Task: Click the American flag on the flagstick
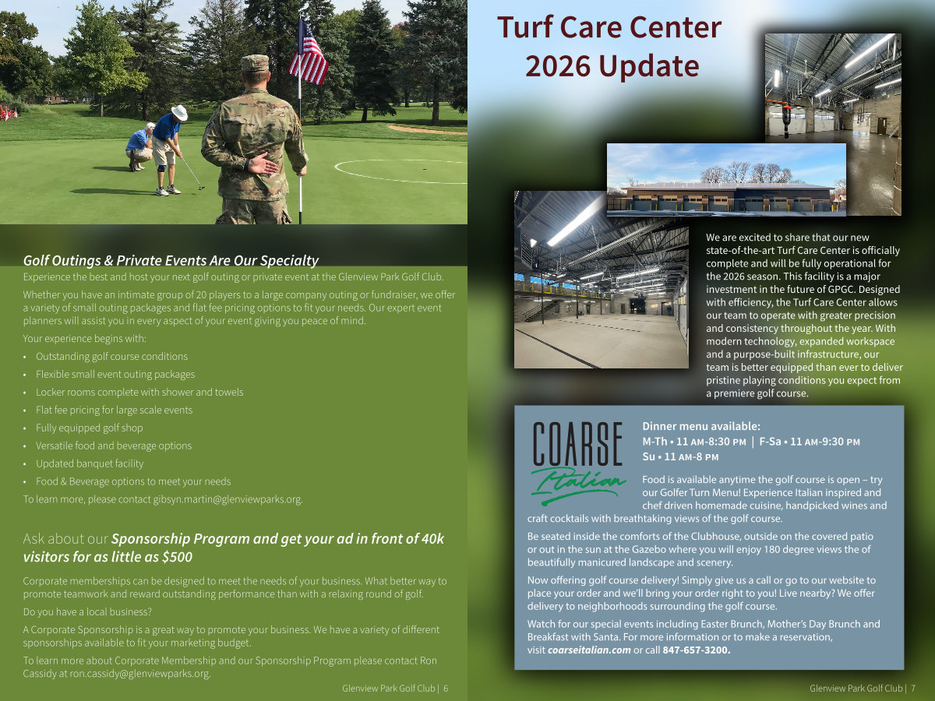pos(309,53)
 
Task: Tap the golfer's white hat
pos(179,112)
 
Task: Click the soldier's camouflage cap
pos(255,63)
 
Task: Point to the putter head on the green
pos(200,187)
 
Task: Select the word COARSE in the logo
pos(577,443)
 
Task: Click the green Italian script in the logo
pos(577,485)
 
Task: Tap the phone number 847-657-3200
pos(697,650)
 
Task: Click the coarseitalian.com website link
pos(589,650)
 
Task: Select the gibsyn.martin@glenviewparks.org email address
pos(228,498)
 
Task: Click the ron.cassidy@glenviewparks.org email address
pos(139,673)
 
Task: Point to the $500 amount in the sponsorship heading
pos(176,557)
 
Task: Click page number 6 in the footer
pos(446,689)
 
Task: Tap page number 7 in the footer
pos(913,689)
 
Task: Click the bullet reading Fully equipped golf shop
pos(89,428)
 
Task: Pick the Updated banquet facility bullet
pos(90,463)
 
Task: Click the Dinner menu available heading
pos(700,426)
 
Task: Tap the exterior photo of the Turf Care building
pos(726,180)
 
